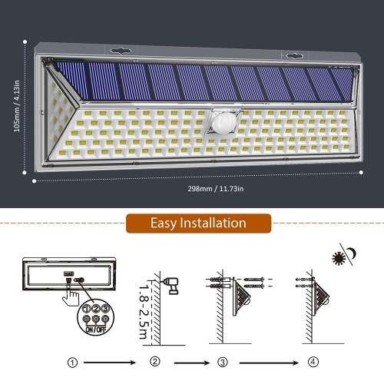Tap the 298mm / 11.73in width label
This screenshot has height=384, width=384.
click(216, 189)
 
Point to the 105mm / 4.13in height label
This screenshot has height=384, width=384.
click(17, 106)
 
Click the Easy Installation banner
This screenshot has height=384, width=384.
click(198, 223)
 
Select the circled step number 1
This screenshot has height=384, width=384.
click(72, 362)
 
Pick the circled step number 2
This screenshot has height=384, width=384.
click(154, 362)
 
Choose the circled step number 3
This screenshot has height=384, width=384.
click(223, 362)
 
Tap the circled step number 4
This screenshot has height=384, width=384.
click(313, 362)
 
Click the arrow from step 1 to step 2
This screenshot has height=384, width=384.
click(110, 362)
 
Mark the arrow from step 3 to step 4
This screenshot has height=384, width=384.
click(269, 362)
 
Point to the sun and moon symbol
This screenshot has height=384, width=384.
click(344, 255)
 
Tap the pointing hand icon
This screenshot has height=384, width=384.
click(71, 294)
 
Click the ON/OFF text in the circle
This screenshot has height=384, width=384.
click(96, 329)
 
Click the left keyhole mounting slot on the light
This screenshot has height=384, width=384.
click(121, 51)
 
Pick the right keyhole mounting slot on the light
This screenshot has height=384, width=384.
click(294, 55)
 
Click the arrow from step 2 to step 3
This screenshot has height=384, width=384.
click(192, 362)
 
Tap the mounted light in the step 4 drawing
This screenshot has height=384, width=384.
click(322, 299)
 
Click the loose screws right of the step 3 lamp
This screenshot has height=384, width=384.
click(254, 283)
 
